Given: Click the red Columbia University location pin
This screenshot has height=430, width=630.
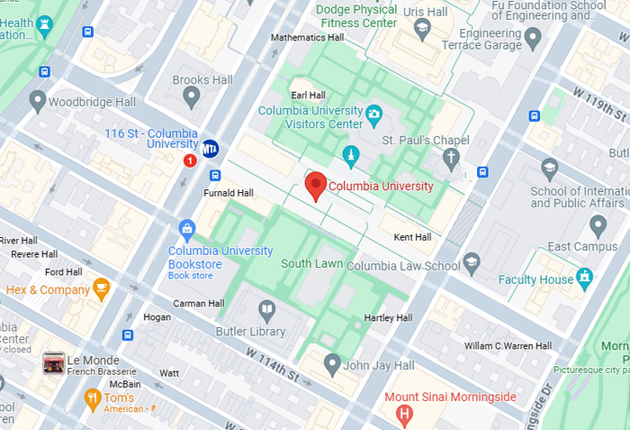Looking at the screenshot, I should pyautogui.click(x=315, y=187).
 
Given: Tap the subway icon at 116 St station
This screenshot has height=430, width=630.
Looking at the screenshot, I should pyautogui.click(x=211, y=149).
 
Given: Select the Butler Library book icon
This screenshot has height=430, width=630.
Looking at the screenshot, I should pyautogui.click(x=266, y=311).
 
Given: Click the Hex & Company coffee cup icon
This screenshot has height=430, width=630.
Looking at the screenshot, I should pyautogui.click(x=102, y=289).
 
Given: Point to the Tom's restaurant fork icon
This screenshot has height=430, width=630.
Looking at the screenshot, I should pyautogui.click(x=92, y=397).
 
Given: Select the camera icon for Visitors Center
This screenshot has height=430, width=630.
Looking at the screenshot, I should pyautogui.click(x=373, y=114).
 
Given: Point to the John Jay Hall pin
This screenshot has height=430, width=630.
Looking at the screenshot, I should pyautogui.click(x=331, y=365).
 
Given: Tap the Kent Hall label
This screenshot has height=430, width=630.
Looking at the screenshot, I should pyautogui.click(x=412, y=237).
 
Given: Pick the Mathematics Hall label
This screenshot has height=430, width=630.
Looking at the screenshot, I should pyautogui.click(x=308, y=38).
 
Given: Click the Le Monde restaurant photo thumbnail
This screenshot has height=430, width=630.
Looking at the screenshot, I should pyautogui.click(x=53, y=363).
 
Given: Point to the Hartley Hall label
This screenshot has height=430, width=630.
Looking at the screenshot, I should pyautogui.click(x=388, y=318).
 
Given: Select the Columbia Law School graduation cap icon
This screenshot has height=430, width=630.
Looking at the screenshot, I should pyautogui.click(x=471, y=262).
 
